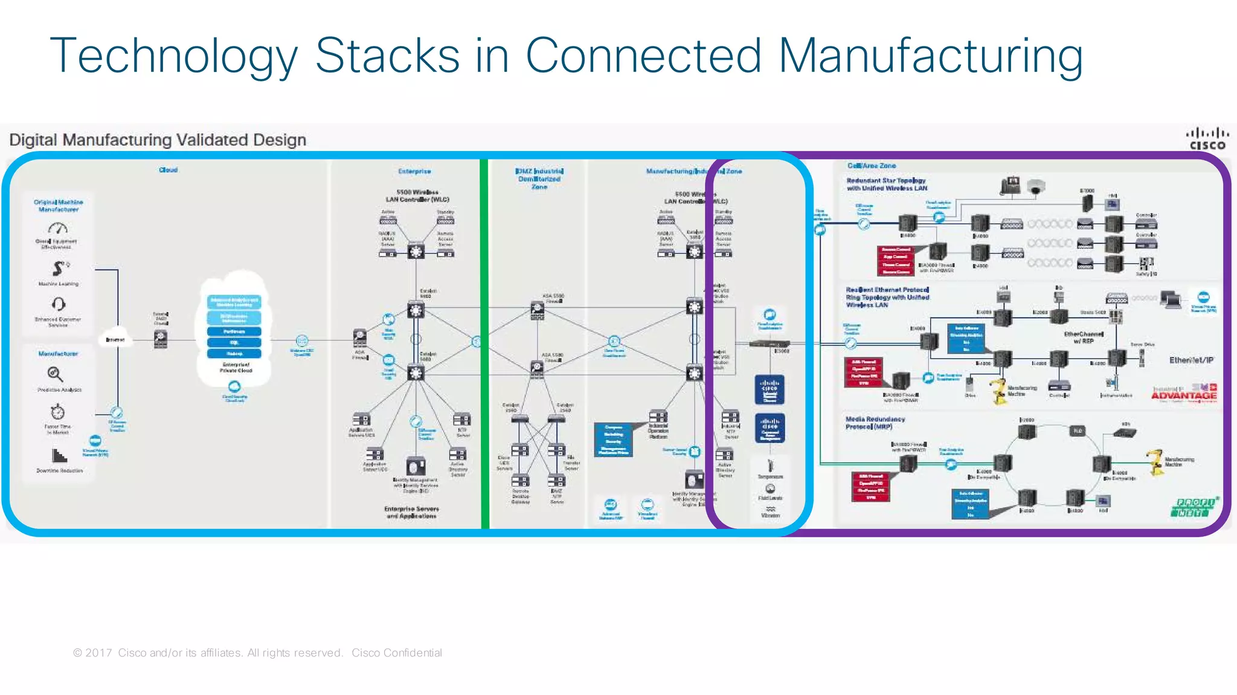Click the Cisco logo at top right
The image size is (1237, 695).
(x=1207, y=139)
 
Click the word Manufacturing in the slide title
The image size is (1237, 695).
(x=930, y=56)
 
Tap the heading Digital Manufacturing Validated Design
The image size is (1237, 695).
(x=158, y=140)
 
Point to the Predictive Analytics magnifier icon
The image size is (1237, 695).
(x=55, y=374)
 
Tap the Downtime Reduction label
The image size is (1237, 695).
(x=59, y=470)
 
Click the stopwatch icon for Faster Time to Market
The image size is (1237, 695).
(x=57, y=412)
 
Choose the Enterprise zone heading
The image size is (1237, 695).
(x=414, y=171)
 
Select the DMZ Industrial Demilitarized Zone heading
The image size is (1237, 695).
(x=539, y=179)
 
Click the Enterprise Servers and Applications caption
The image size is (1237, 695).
(x=411, y=512)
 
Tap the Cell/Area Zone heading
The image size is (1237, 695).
(x=871, y=165)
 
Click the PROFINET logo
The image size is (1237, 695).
(x=1194, y=507)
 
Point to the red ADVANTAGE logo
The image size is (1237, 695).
(x=1184, y=396)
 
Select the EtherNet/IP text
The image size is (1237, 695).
(x=1191, y=360)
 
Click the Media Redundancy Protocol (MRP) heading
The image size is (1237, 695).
(x=875, y=423)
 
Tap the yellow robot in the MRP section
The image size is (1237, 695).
(x=1155, y=462)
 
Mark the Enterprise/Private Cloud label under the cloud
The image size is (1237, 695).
(x=236, y=367)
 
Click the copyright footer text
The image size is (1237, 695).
(x=257, y=653)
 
